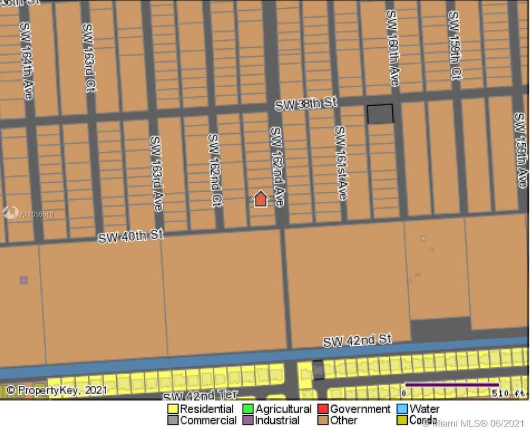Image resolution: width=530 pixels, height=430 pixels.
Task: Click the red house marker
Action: pyautogui.click(x=261, y=199)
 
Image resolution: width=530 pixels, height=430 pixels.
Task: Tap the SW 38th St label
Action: pyautogui.click(x=305, y=104)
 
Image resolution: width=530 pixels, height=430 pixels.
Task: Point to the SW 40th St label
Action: pyautogui.click(x=131, y=236)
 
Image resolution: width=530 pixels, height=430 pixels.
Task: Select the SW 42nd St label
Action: pyautogui.click(x=357, y=340)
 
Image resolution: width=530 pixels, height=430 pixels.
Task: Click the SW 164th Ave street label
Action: pyautogui.click(x=27, y=61)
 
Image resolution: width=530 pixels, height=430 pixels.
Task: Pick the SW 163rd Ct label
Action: pyautogui.click(x=88, y=57)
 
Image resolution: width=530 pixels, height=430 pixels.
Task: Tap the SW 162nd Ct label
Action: pyautogui.click(x=215, y=170)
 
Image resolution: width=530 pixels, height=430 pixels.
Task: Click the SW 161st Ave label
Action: pyautogui.click(x=340, y=162)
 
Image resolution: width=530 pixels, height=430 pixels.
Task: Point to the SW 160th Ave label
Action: pyautogui.click(x=392, y=48)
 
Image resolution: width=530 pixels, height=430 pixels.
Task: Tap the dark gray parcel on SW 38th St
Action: pyautogui.click(x=380, y=113)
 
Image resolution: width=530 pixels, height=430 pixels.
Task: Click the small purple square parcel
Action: pyautogui.click(x=24, y=279)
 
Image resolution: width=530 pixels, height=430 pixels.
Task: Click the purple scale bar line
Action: pyautogui.click(x=451, y=385)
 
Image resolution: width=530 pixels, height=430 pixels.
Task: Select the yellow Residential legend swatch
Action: pyautogui.click(x=173, y=409)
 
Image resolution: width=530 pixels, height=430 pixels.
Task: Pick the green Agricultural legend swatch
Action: pyautogui.click(x=248, y=409)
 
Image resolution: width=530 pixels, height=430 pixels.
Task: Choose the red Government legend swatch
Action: pyautogui.click(x=323, y=409)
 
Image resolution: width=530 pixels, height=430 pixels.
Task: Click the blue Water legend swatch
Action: pyautogui.click(x=402, y=409)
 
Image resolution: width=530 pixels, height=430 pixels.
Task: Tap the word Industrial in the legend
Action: pyautogui.click(x=277, y=420)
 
